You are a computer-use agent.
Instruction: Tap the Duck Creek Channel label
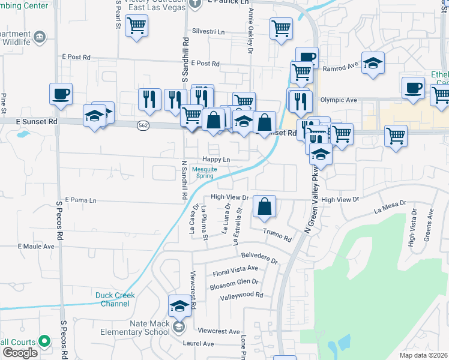pyautogui.click(x=115, y=299)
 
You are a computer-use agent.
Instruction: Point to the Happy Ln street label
pyautogui.click(x=216, y=160)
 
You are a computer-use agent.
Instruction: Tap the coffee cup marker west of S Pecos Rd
pyautogui.click(x=61, y=94)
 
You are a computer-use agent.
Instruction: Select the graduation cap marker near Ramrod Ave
pyautogui.click(x=373, y=63)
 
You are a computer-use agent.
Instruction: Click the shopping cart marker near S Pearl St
pyautogui.click(x=137, y=26)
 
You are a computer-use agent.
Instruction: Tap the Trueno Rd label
pyautogui.click(x=277, y=235)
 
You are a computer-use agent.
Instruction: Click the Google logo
pyautogui.click(x=20, y=352)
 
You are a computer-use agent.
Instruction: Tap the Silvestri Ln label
pyautogui.click(x=208, y=31)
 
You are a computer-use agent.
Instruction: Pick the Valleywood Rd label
pyautogui.click(x=241, y=295)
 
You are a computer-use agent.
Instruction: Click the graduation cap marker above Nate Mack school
pyautogui.click(x=179, y=306)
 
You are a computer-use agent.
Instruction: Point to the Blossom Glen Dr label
pyautogui.click(x=234, y=284)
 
